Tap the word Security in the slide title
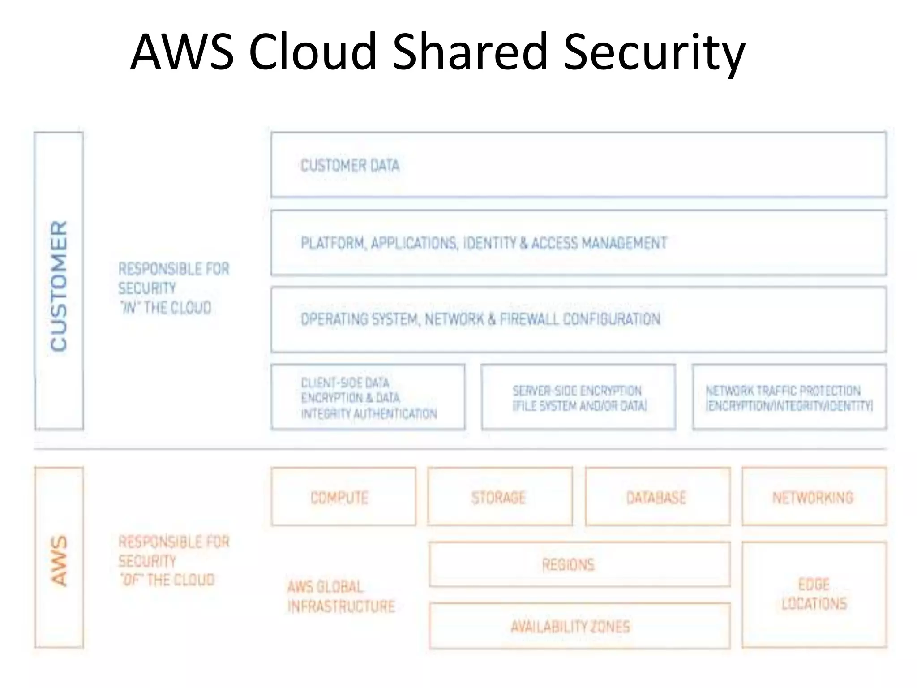(x=654, y=53)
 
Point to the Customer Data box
(x=578, y=165)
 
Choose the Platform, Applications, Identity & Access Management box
(x=578, y=243)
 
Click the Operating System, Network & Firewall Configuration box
(x=578, y=319)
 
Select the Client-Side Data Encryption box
(x=368, y=397)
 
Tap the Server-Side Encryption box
(x=578, y=397)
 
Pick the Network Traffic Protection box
(x=789, y=397)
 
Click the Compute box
(x=343, y=497)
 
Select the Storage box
(x=500, y=497)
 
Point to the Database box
(x=657, y=497)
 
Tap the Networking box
(x=814, y=497)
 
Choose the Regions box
(x=579, y=564)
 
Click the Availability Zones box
(x=579, y=626)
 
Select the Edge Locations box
(x=814, y=594)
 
